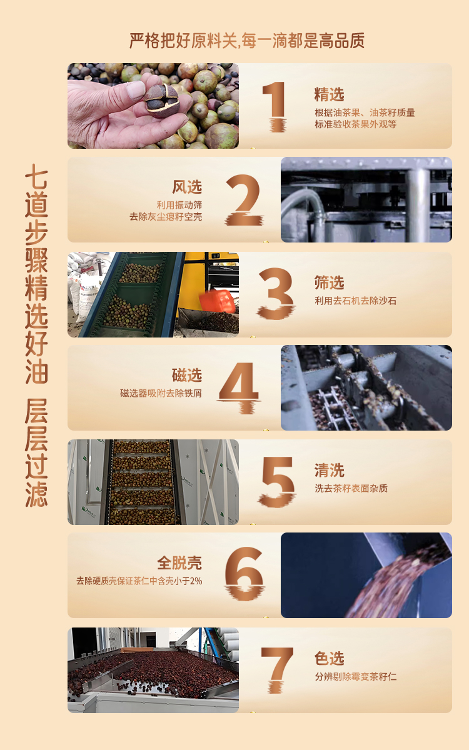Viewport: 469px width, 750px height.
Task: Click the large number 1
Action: (274, 106)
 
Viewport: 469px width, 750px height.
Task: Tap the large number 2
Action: (244, 199)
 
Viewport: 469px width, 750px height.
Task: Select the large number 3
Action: (276, 293)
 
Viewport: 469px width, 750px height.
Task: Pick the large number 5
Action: (277, 481)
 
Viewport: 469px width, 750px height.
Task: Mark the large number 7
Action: (276, 669)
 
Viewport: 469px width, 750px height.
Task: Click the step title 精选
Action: (329, 94)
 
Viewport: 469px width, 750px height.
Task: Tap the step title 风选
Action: (187, 187)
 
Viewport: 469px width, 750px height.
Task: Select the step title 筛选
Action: (329, 282)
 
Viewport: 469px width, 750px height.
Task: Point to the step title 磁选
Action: (187, 375)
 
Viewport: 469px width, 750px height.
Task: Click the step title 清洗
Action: (329, 470)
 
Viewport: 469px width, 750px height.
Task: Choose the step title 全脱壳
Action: (179, 563)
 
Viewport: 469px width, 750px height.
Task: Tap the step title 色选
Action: (329, 658)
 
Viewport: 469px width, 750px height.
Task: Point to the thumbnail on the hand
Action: (135, 90)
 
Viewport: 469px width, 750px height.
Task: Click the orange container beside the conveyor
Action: (218, 301)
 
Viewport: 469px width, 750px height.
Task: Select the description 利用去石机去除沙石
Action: (355, 301)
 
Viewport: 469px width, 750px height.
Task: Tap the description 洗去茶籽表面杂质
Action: (351, 488)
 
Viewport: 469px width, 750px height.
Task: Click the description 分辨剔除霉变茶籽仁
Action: (355, 676)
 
